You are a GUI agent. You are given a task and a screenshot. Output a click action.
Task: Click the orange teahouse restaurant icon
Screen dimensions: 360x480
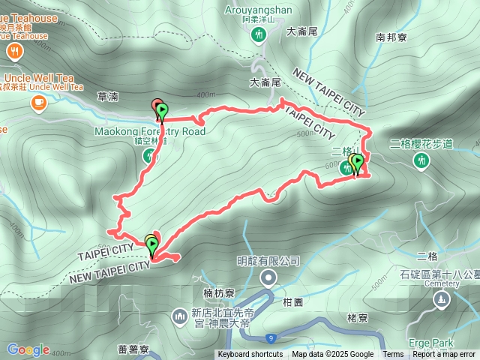pos(14,51)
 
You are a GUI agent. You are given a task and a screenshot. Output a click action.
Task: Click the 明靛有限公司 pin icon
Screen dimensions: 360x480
pos(268,279)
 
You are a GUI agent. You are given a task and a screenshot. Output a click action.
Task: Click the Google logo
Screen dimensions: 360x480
pos(28,349)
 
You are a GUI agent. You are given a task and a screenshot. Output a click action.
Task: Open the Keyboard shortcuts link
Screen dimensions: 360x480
pos(250,355)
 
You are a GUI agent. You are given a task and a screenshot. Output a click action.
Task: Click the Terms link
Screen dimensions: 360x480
pos(393,355)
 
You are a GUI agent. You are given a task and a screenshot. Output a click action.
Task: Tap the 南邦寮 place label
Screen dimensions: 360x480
pos(391,36)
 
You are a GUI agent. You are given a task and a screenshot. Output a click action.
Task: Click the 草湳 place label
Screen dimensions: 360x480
pos(108,97)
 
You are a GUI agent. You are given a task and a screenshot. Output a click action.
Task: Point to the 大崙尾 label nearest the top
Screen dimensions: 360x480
pos(303,31)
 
